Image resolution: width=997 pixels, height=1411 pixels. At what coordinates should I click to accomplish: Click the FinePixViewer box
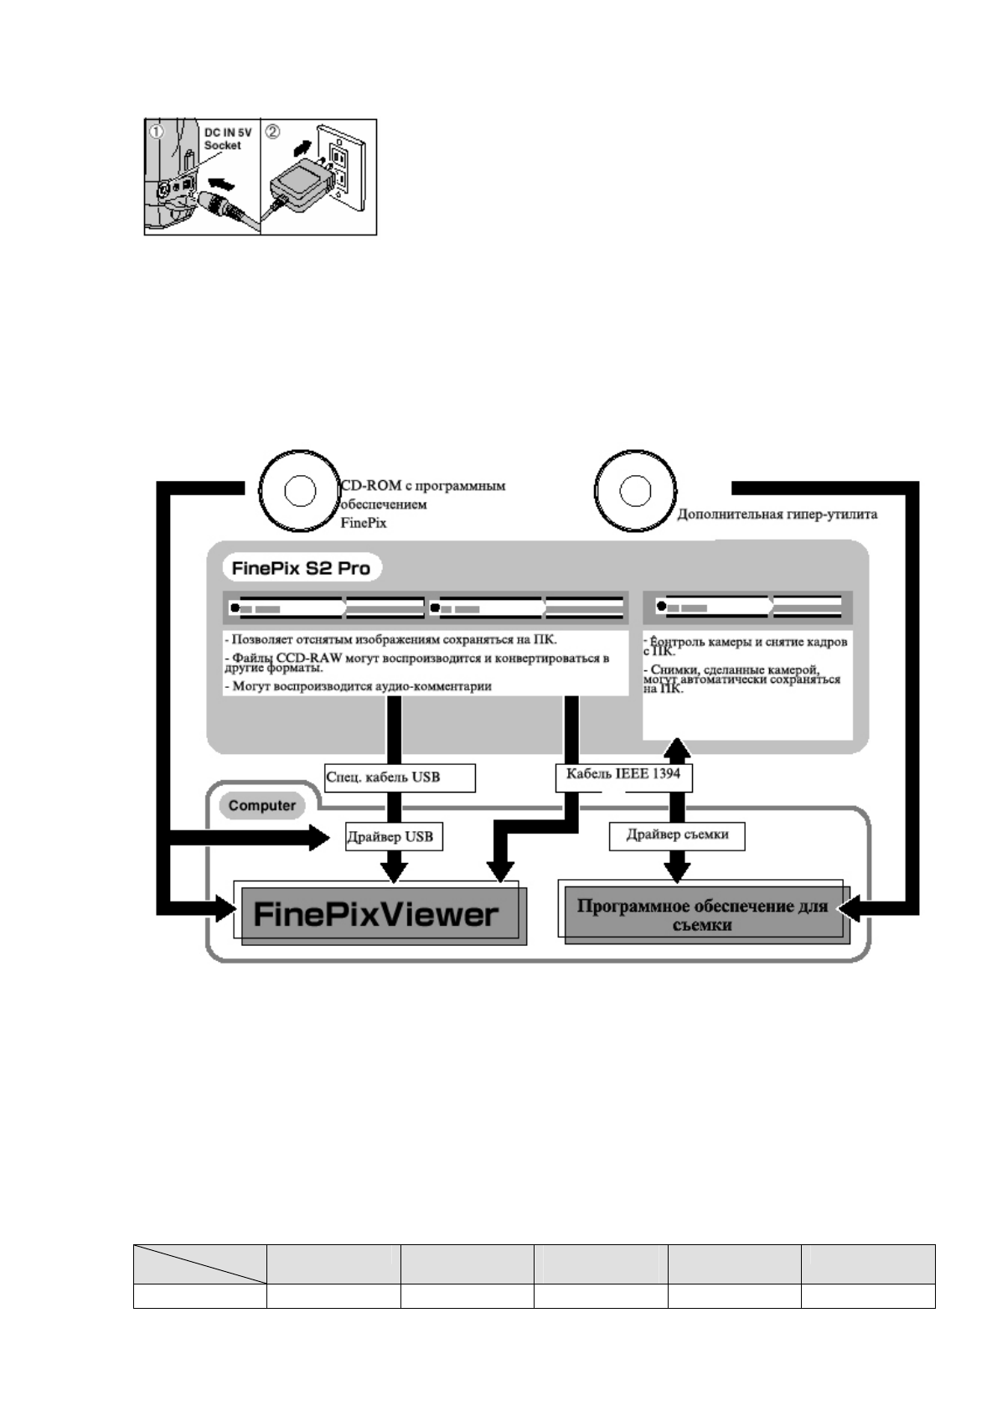tap(376, 912)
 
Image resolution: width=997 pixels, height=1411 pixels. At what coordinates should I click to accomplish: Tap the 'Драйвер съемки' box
tap(677, 835)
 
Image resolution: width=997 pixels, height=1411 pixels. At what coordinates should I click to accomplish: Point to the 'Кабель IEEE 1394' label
tap(622, 774)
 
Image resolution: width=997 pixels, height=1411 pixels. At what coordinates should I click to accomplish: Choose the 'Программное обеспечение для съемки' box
tap(702, 915)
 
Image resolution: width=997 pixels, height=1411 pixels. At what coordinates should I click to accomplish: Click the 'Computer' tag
tap(262, 806)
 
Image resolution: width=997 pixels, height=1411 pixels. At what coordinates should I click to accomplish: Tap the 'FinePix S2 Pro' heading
tap(301, 568)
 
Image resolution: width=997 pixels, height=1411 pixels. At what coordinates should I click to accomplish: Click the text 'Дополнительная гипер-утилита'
tap(777, 514)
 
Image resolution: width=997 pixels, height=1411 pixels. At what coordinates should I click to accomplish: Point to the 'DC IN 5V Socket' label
tap(228, 139)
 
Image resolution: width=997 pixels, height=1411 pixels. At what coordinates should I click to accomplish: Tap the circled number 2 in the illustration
tap(273, 132)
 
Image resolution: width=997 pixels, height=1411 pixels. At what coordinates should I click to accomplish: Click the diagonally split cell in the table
tap(199, 1264)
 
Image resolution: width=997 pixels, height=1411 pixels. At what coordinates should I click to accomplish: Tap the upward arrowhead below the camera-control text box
tap(678, 748)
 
